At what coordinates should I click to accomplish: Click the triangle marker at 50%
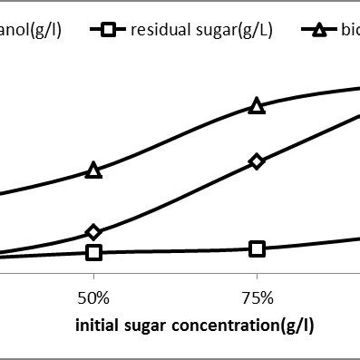tap(93, 170)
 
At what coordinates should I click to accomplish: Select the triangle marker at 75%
tap(257, 106)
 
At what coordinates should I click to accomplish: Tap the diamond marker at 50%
tap(93, 233)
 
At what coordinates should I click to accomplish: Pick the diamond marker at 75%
tap(257, 161)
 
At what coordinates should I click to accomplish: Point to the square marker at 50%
tap(93, 252)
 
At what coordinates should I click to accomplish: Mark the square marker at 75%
tap(257, 248)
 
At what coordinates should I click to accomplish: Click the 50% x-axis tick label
tap(93, 298)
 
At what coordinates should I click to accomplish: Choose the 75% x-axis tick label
tap(257, 298)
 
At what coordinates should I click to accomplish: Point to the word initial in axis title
tap(96, 324)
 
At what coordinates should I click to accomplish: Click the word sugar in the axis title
tap(141, 324)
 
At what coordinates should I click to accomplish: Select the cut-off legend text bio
tap(352, 30)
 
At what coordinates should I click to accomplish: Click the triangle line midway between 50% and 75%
tap(175, 137)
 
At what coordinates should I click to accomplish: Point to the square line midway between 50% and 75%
tap(175, 251)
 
